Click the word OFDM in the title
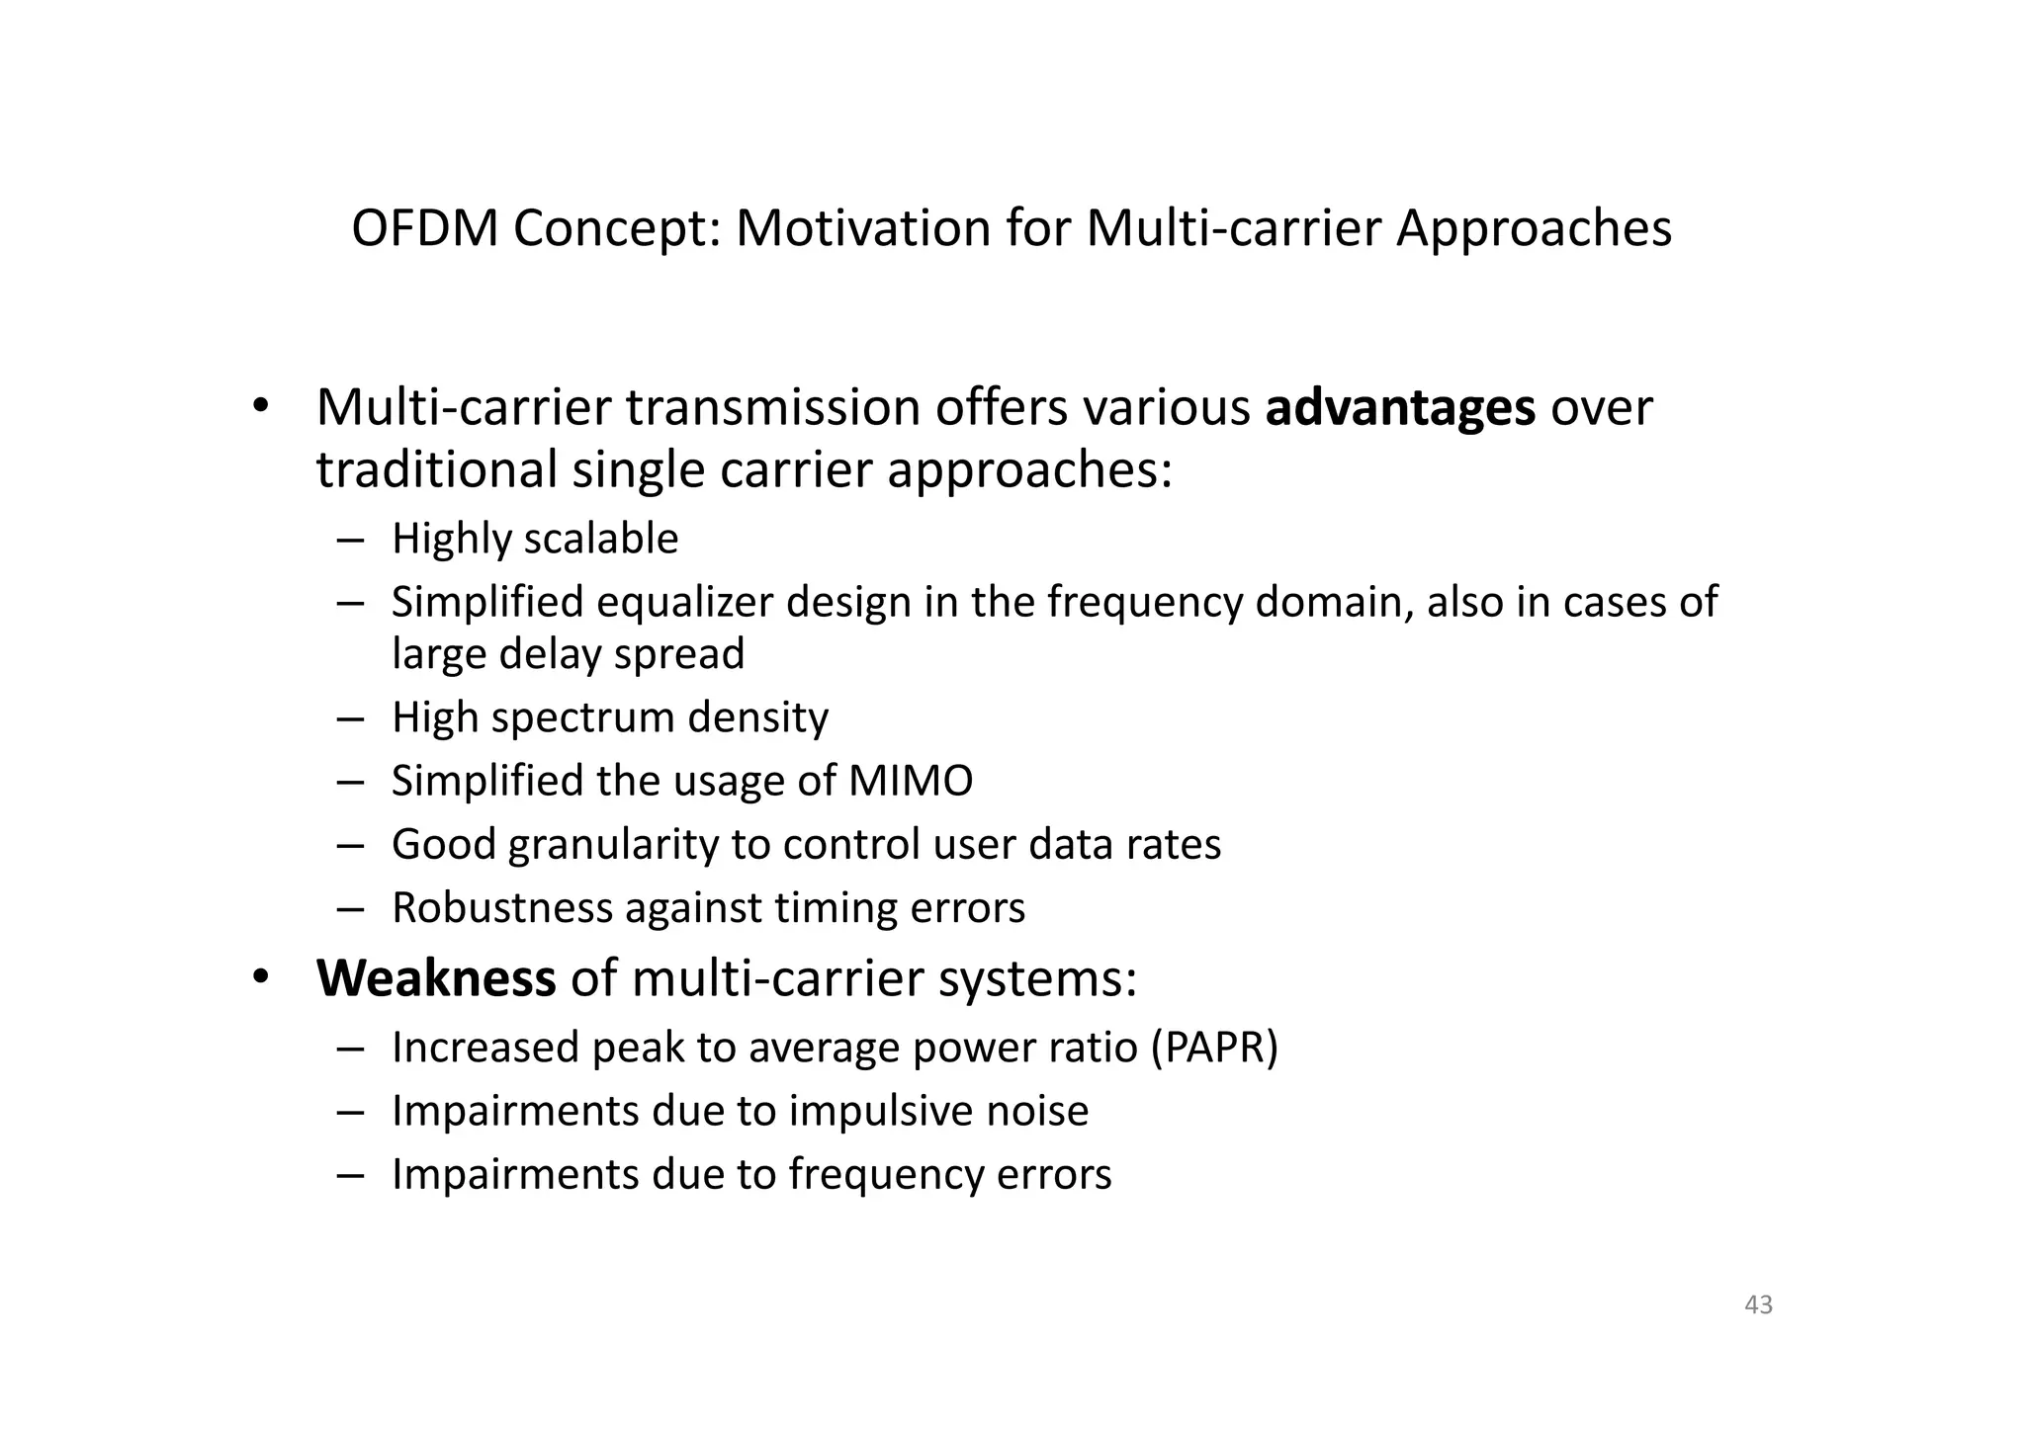coord(425,228)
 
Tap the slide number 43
coord(1758,1304)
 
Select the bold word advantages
coord(1400,408)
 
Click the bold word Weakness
coord(436,978)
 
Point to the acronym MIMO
coord(911,781)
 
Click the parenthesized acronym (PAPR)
coord(1214,1048)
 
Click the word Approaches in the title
coord(1534,228)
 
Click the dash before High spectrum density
coord(350,718)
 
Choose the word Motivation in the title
coord(862,228)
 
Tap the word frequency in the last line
coord(885,1175)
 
